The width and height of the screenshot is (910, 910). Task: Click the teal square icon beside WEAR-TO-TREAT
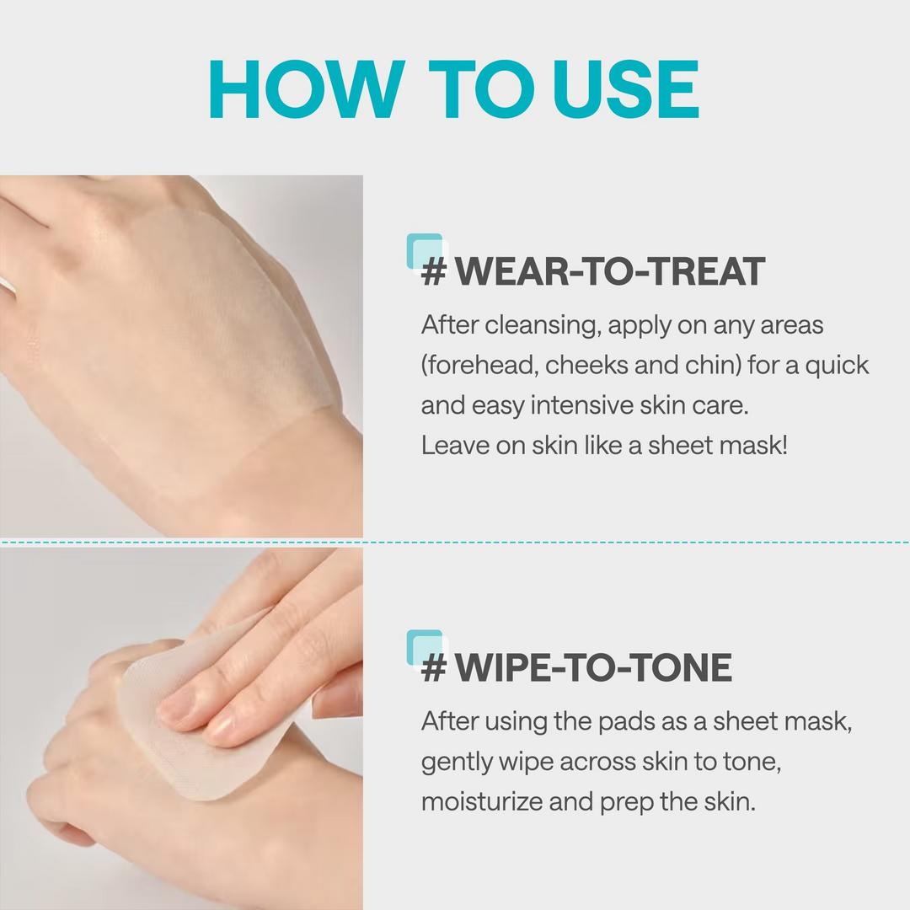tap(423, 250)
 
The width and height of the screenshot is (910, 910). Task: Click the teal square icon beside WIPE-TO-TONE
tap(423, 646)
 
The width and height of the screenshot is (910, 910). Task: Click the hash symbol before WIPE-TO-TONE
tap(433, 668)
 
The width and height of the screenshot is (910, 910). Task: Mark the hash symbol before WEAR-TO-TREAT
tap(433, 272)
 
